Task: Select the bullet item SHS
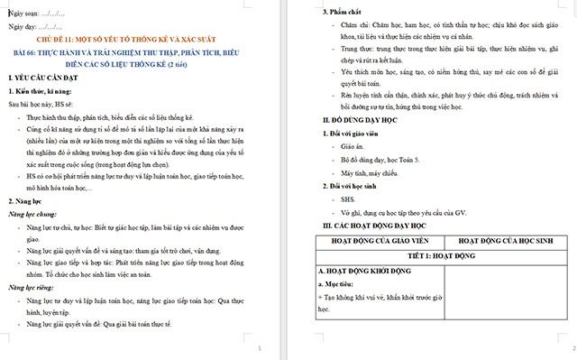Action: coord(340,198)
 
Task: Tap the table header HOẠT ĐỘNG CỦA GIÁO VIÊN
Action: coord(378,242)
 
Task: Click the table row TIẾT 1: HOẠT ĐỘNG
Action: coord(443,256)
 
